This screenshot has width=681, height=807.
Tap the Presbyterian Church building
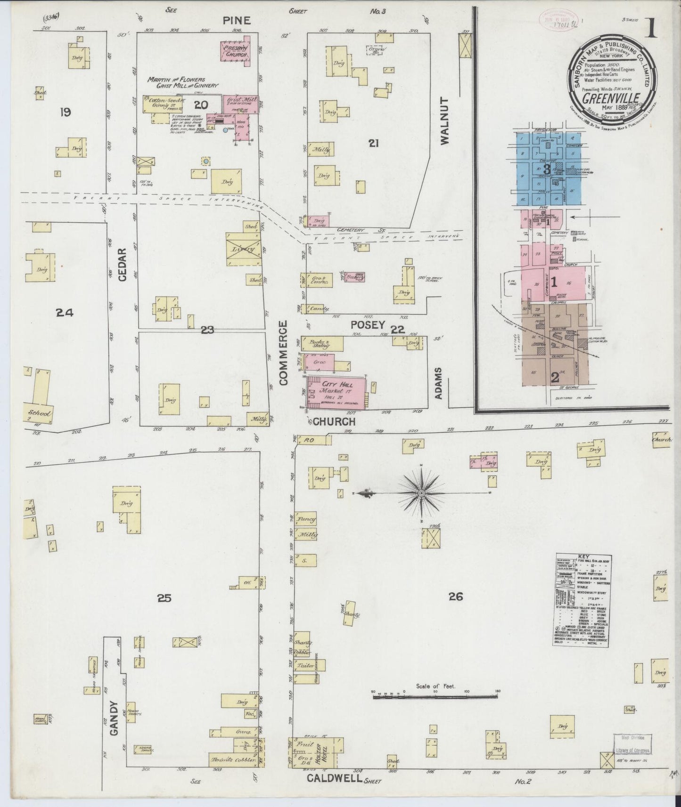click(236, 50)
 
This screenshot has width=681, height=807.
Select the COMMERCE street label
click(283, 353)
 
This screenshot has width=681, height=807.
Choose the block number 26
click(455, 597)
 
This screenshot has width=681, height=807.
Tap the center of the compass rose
click(421, 493)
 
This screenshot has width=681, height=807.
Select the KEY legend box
click(583, 600)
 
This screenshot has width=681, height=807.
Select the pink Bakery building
click(354, 277)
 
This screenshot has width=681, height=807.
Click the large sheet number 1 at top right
click(652, 29)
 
